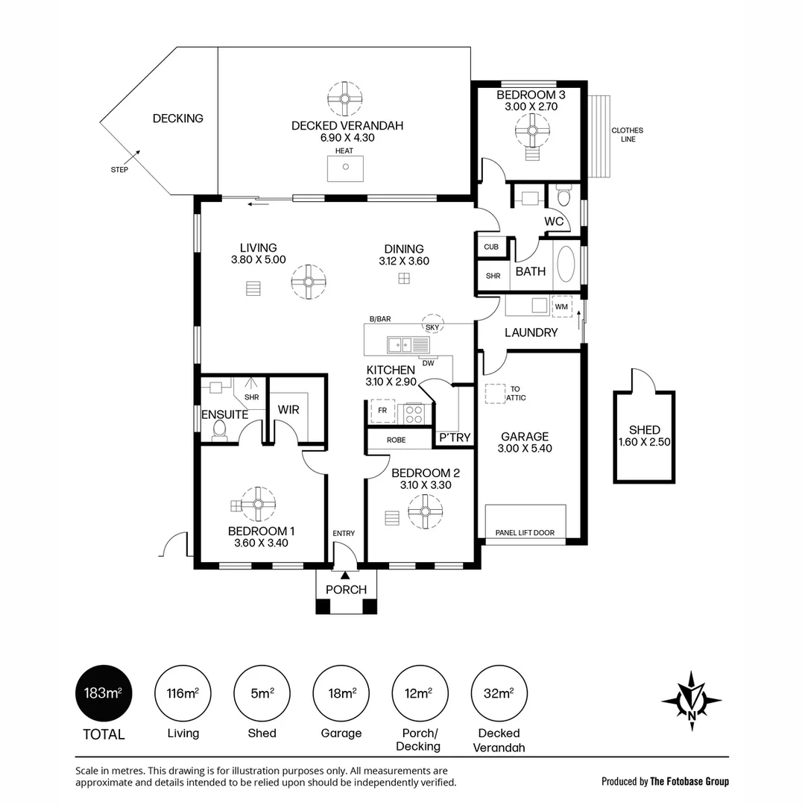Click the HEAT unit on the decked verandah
pyautogui.click(x=346, y=168)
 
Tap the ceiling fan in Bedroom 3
pyautogui.click(x=532, y=130)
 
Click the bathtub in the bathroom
pyautogui.click(x=566, y=265)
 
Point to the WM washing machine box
pyautogui.click(x=562, y=306)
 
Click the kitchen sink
pyautogui.click(x=401, y=344)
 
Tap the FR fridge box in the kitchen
pyautogui.click(x=382, y=411)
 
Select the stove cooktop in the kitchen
pyautogui.click(x=414, y=414)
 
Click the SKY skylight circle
pyautogui.click(x=433, y=323)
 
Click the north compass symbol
pyautogui.click(x=692, y=700)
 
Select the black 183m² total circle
pyautogui.click(x=104, y=694)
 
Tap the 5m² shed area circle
pyautogui.click(x=262, y=694)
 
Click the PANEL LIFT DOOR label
pyautogui.click(x=525, y=533)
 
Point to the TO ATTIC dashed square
pyautogui.click(x=496, y=394)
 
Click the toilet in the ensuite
pyautogui.click(x=220, y=430)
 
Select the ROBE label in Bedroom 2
pyautogui.click(x=397, y=440)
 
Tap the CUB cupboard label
pyautogui.click(x=491, y=247)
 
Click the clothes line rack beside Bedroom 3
pyautogui.click(x=599, y=136)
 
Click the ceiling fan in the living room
pyautogui.click(x=309, y=282)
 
